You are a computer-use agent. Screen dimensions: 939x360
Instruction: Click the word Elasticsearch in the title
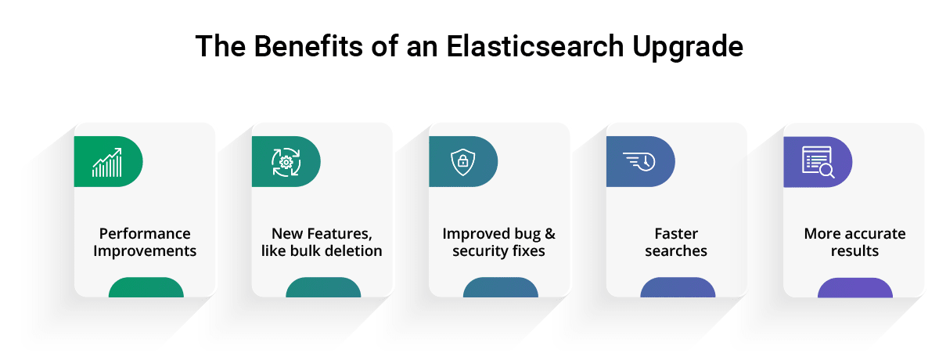535,46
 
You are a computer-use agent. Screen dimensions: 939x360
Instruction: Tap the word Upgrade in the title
688,49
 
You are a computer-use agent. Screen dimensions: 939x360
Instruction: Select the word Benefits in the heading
308,46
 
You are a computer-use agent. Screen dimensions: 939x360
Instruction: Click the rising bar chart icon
107,162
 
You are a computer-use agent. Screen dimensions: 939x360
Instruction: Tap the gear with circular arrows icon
286,162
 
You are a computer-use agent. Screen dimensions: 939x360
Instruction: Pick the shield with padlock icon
462,162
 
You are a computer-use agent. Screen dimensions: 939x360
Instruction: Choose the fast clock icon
639,161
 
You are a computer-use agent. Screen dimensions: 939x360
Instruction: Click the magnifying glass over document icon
818,162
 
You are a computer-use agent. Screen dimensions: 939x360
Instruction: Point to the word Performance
145,233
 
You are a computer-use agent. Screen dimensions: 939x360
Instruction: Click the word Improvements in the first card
145,251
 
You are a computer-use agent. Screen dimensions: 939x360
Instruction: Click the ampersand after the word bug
550,234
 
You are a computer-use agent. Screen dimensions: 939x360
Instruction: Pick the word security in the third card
478,251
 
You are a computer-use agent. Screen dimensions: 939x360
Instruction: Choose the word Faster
676,233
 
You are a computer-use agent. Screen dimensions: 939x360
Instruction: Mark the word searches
676,251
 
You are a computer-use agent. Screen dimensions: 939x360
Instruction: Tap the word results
854,250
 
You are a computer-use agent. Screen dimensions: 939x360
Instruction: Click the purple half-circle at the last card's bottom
855,288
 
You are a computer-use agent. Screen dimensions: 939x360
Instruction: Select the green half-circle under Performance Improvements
146,287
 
